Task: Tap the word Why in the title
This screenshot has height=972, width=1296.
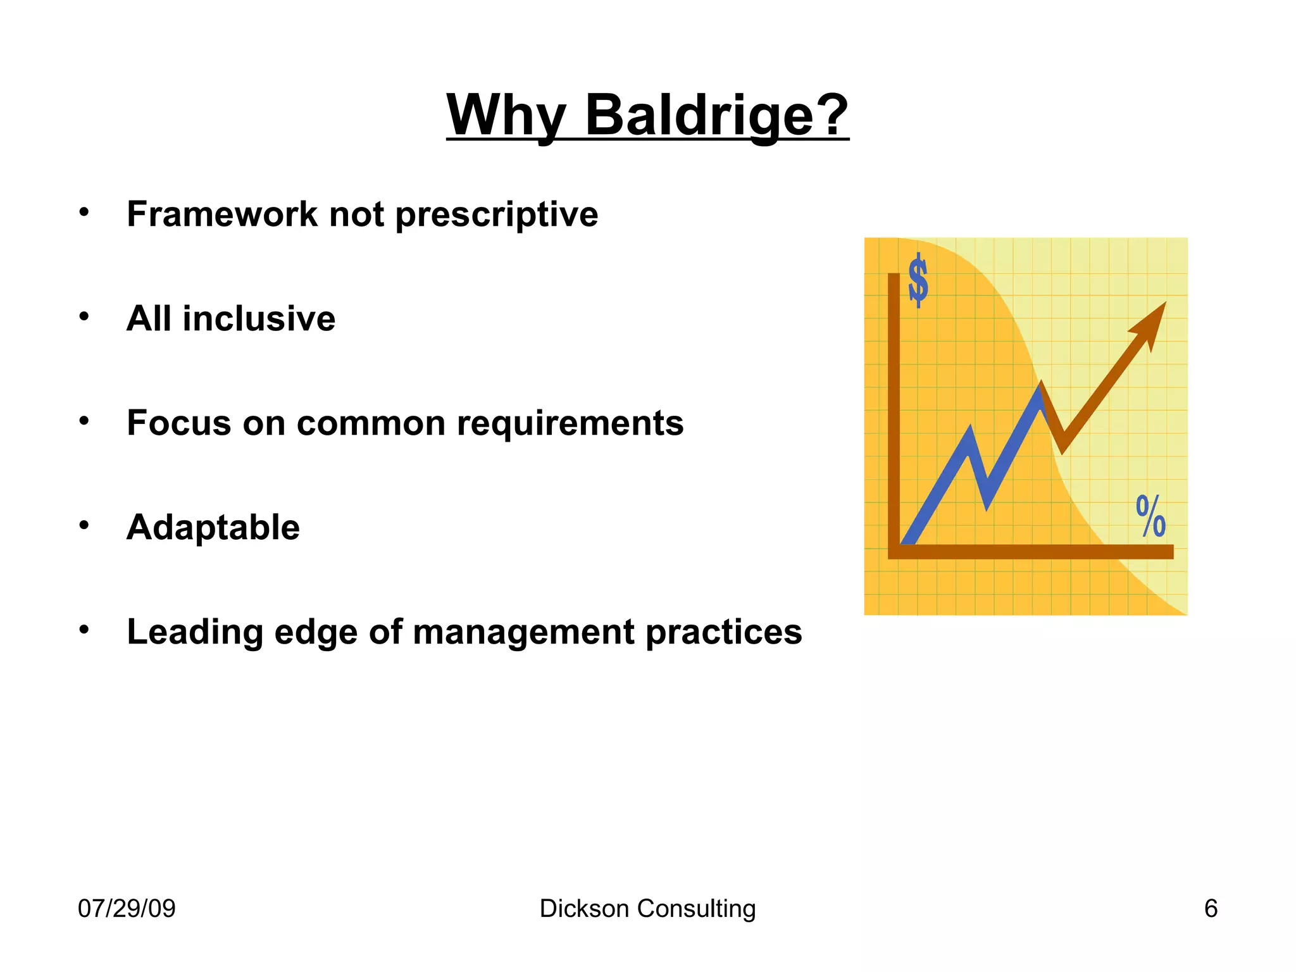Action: point(505,115)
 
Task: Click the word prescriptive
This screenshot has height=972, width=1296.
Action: point(497,215)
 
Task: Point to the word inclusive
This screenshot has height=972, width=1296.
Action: point(259,318)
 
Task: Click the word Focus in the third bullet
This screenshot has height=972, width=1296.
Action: point(178,423)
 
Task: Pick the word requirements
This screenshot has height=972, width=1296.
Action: point(570,424)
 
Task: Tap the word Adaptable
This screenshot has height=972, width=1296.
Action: point(213,527)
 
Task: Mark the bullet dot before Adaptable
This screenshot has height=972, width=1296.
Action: point(84,525)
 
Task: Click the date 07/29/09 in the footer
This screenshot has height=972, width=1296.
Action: point(127,909)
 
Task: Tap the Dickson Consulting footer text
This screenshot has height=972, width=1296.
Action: point(647,909)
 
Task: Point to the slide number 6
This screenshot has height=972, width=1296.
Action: point(1211,909)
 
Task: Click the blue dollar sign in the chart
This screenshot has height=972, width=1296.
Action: point(918,280)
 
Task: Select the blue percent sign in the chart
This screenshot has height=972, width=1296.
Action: point(1150,516)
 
